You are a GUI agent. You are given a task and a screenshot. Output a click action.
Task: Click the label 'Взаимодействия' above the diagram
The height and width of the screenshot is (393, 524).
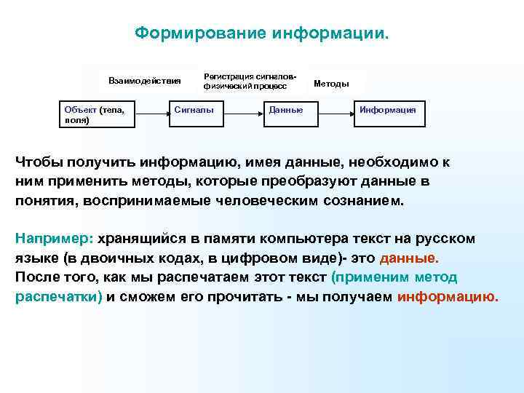pos(145,81)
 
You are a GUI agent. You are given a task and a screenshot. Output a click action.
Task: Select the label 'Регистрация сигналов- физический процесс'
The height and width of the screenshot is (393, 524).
pos(250,80)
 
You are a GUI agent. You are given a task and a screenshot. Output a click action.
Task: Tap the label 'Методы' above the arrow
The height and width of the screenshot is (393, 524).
pos(331,84)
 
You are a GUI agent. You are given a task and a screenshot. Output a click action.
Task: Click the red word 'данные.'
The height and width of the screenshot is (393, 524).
pos(413,258)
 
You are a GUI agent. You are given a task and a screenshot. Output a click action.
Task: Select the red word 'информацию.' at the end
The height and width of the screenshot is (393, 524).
pos(447,298)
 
